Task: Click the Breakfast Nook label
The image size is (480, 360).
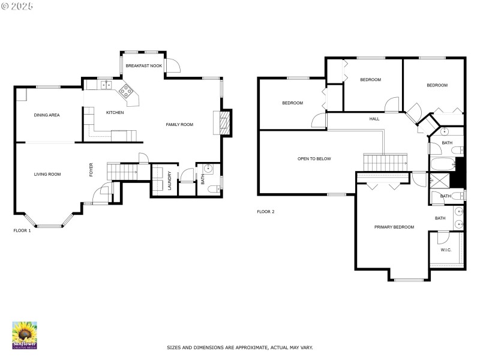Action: click(143, 65)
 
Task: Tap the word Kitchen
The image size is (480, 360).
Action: click(115, 113)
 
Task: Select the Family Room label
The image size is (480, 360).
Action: click(179, 124)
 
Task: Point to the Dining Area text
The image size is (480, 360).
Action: click(47, 115)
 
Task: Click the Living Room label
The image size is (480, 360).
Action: click(47, 174)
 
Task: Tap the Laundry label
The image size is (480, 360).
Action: click(170, 181)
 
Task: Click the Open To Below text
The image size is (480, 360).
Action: click(314, 159)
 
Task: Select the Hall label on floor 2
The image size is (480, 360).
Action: click(374, 119)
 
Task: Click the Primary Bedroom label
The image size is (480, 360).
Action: click(394, 227)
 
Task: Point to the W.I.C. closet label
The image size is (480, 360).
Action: click(446, 250)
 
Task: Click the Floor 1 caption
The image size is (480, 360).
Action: click(22, 230)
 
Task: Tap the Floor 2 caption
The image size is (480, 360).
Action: click(266, 211)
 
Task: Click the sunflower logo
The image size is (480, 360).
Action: click(25, 335)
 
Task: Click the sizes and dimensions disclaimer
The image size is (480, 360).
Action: click(239, 347)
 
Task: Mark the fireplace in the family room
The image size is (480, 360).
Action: click(224, 123)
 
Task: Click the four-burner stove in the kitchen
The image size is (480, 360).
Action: click(128, 91)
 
